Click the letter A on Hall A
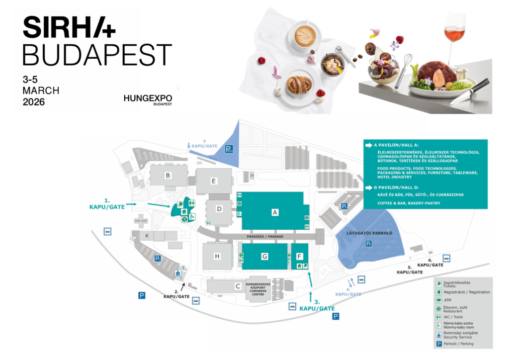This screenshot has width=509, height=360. (274, 212)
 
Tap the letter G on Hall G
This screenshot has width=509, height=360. (264, 257)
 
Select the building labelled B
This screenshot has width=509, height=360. (169, 176)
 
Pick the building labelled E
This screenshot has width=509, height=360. (214, 181)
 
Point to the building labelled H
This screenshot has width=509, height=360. (217, 256)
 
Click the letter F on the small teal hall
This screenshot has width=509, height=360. (299, 256)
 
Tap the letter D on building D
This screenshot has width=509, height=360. (219, 209)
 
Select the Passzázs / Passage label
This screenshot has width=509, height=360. (261, 236)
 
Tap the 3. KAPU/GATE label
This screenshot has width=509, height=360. (317, 305)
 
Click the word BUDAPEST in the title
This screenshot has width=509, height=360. (97, 55)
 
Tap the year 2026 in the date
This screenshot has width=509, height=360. (34, 102)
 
